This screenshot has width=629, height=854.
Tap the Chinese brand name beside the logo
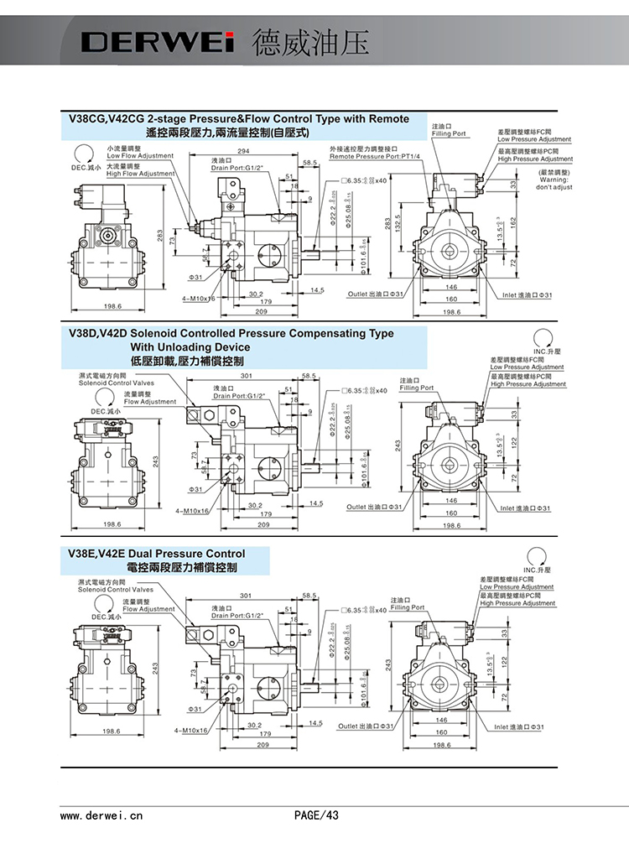310,43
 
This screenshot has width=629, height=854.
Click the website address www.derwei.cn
102,815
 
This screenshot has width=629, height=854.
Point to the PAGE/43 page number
316,815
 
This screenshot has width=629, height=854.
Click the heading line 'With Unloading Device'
190,346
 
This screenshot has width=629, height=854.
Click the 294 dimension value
243,151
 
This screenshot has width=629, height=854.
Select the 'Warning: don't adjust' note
554,183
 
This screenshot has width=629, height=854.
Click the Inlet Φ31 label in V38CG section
527,295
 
